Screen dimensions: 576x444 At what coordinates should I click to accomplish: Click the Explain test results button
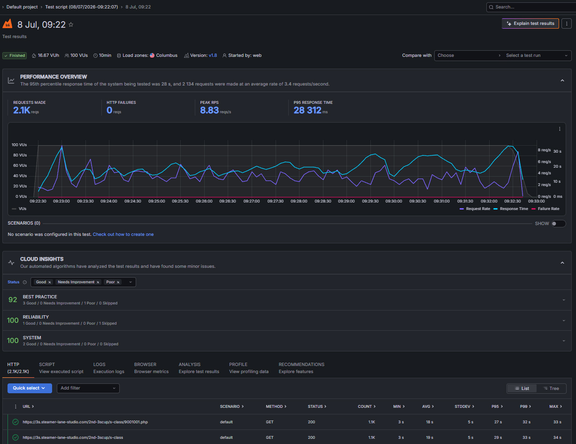[x=530, y=23]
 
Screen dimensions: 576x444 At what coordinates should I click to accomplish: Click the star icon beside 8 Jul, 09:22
[x=71, y=24]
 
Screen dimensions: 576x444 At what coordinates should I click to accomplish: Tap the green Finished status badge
[x=15, y=55]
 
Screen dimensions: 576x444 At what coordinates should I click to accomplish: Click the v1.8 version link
[x=213, y=55]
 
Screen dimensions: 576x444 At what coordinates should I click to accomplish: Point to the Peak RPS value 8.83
[x=209, y=110]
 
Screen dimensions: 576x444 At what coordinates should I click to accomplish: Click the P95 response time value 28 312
[x=307, y=110]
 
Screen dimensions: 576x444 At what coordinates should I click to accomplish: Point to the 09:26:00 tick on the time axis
[x=204, y=201]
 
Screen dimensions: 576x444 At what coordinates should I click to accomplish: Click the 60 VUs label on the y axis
[x=20, y=165]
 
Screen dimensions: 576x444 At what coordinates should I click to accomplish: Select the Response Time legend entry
[x=511, y=209]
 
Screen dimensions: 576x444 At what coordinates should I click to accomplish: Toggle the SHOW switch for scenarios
[x=559, y=224]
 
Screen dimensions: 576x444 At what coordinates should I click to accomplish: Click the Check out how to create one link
[x=123, y=234]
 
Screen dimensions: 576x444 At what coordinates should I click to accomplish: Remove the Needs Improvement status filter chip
[x=98, y=282]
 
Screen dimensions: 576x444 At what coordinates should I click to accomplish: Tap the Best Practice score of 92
[x=13, y=300]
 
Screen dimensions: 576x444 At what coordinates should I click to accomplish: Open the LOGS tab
[x=109, y=368]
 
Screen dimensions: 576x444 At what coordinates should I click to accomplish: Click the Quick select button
[x=30, y=388]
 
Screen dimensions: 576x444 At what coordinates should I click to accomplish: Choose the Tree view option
[x=551, y=388]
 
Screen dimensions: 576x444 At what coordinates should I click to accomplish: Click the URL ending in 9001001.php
[x=85, y=422]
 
